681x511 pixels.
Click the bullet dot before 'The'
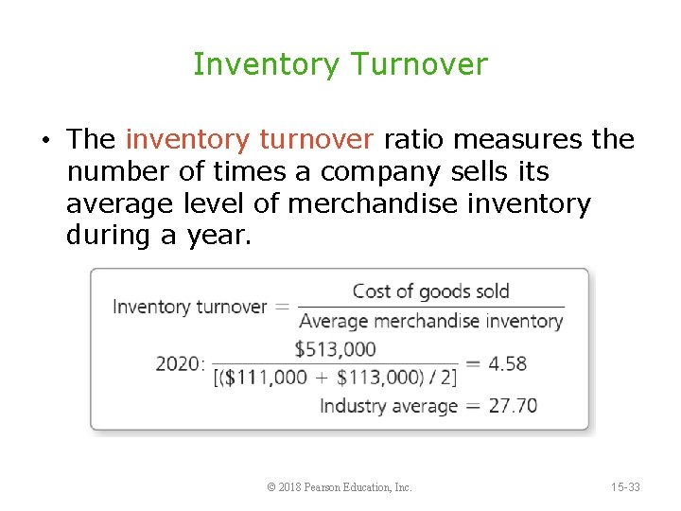(45, 141)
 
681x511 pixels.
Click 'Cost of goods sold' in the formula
(430, 291)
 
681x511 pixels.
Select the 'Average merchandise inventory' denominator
(430, 321)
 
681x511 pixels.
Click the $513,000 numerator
(336, 349)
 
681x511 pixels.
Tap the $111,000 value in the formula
(270, 378)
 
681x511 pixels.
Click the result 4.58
(509, 363)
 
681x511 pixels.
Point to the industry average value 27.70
(513, 406)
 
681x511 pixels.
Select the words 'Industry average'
(389, 406)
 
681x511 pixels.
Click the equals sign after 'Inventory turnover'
(282, 307)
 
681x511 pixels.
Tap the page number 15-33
(624, 487)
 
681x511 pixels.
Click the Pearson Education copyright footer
(340, 487)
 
